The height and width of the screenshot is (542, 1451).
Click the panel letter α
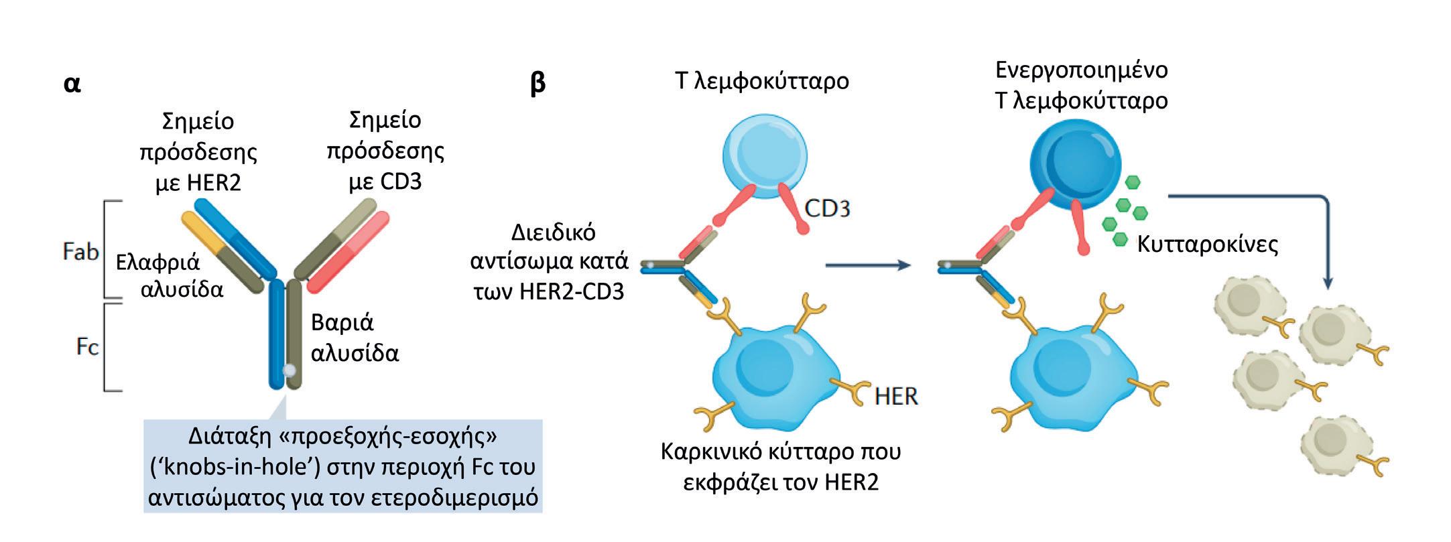(x=72, y=85)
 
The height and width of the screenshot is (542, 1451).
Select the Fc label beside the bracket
(x=87, y=346)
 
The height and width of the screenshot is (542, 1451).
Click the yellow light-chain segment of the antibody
(x=199, y=234)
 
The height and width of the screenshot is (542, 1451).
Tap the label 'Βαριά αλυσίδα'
(x=355, y=337)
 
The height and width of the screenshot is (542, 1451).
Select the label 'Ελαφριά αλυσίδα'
(x=169, y=275)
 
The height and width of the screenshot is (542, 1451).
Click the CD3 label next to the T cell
(x=827, y=209)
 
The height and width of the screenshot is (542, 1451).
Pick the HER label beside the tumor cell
(x=895, y=397)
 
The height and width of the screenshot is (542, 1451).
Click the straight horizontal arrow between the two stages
(x=867, y=265)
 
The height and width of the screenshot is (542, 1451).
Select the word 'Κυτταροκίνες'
(x=1207, y=244)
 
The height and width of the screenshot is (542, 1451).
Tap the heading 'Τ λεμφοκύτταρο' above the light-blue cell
(x=762, y=81)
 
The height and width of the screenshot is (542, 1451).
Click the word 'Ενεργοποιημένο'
(x=1081, y=70)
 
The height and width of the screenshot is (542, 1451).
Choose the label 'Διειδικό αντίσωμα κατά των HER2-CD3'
(x=549, y=262)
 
